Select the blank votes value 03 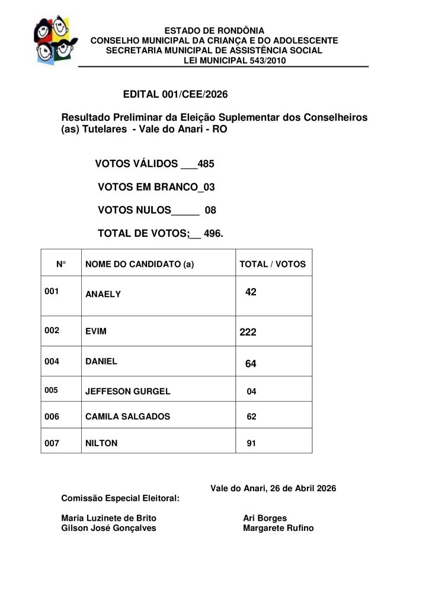pos(208,187)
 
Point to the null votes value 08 pos(210,210)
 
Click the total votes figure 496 pos(213,234)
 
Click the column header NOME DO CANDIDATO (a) pos(140,265)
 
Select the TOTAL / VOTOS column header pos(272,265)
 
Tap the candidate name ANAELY pos(103,294)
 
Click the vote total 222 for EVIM pos(248,333)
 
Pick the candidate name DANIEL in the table pos(101,361)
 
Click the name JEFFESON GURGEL pos(128,391)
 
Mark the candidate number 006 pos(52,417)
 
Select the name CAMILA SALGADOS pos(128,417)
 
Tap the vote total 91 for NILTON pos(251,443)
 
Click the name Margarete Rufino pos(278,528)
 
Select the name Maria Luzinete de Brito pos(109,518)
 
